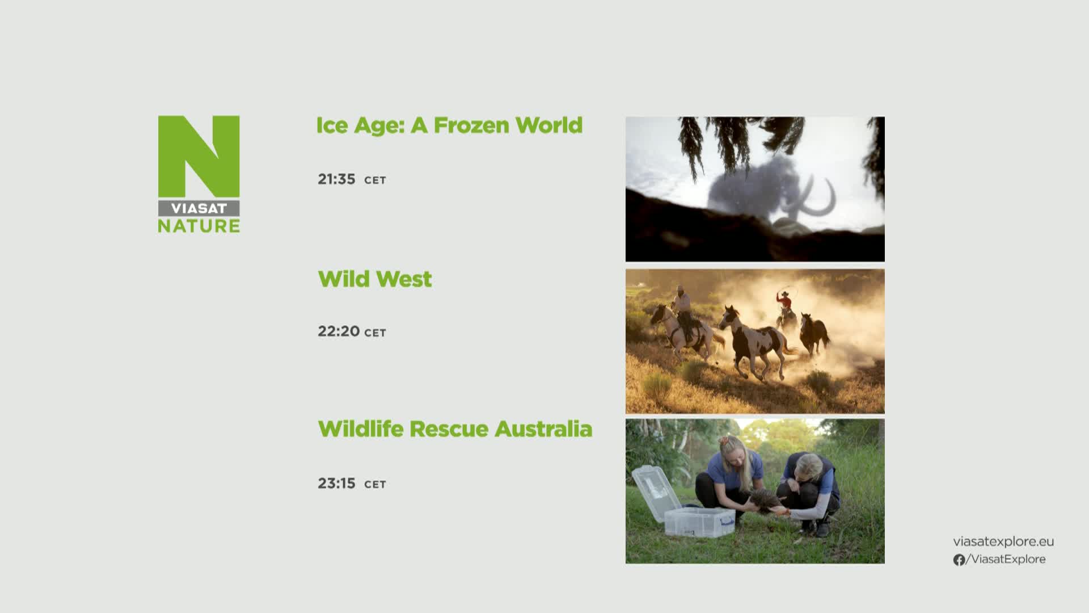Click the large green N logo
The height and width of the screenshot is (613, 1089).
[199, 157]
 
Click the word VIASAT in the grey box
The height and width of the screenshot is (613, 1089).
[199, 208]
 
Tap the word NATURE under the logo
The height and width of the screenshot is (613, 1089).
[199, 226]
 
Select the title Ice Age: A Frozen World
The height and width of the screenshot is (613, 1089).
[449, 125]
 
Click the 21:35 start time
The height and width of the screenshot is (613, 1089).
[336, 179]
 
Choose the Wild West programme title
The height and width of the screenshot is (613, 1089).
[375, 279]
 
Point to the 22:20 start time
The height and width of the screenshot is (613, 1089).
[339, 331]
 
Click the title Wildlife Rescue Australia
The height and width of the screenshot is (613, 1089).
[455, 429]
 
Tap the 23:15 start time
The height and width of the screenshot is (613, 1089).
[336, 484]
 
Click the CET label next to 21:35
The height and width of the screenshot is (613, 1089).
[375, 180]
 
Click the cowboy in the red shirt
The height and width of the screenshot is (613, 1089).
[784, 306]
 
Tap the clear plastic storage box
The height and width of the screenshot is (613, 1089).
[699, 522]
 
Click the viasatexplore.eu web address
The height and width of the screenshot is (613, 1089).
[1003, 541]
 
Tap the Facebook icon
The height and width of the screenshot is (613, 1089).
[959, 560]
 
